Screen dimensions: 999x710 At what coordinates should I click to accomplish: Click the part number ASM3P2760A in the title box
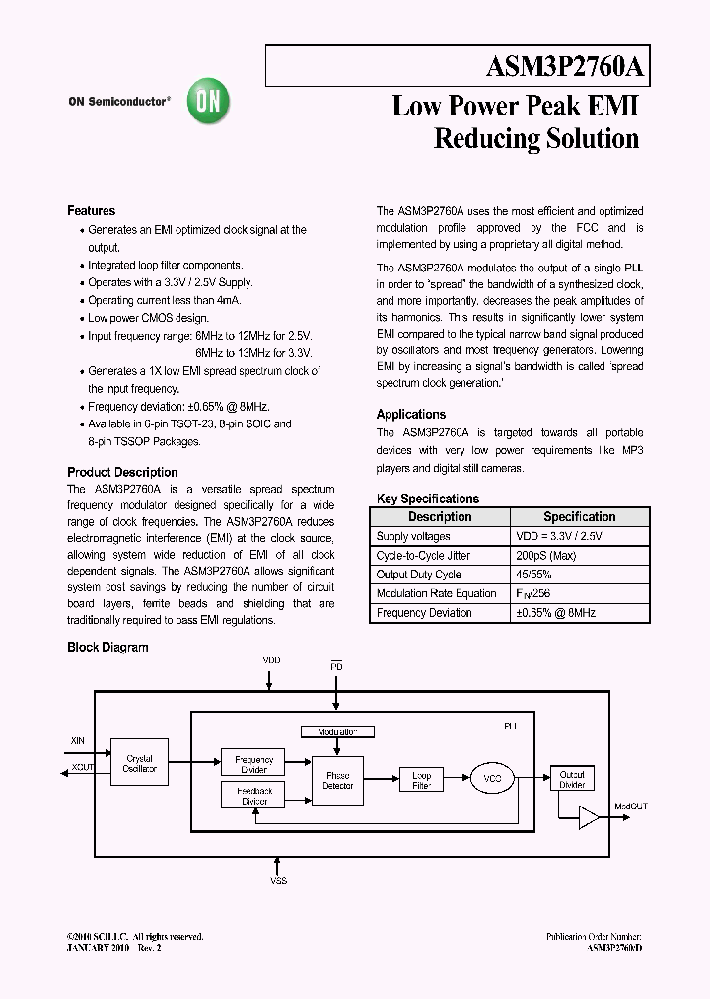(565, 67)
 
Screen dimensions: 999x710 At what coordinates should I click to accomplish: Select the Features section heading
(91, 211)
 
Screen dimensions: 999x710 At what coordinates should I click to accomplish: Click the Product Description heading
(122, 472)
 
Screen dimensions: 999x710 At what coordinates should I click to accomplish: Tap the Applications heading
(411, 415)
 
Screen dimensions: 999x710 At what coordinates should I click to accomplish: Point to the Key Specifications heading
(428, 499)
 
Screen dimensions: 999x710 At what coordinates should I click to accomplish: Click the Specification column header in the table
(579, 517)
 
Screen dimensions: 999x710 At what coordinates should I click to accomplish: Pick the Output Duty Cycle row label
(418, 575)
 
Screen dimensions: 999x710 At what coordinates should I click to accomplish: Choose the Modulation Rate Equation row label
(436, 593)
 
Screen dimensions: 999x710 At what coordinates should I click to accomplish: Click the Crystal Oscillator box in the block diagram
(140, 764)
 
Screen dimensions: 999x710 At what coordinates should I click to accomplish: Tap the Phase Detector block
(337, 781)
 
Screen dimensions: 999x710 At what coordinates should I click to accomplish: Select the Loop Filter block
(421, 780)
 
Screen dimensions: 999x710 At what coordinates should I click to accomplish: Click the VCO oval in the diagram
(493, 779)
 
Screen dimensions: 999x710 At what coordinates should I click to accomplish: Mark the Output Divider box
(572, 779)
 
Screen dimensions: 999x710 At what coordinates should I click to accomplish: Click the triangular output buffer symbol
(589, 816)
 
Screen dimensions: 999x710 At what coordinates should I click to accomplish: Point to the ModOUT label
(631, 807)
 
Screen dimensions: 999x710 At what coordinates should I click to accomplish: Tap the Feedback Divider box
(254, 796)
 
